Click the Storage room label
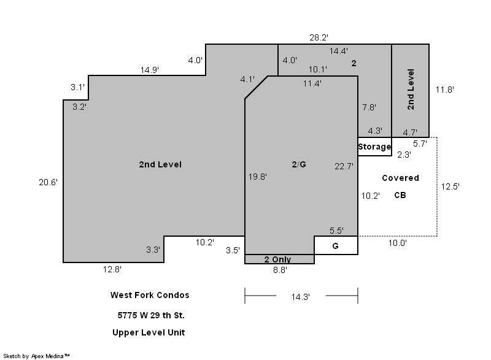click(x=374, y=147)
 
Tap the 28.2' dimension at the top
click(x=319, y=37)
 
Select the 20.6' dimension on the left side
click(x=48, y=182)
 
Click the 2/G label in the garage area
click(x=299, y=164)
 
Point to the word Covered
click(x=401, y=178)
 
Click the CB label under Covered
click(x=400, y=195)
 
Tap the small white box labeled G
click(x=336, y=245)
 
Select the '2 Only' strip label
click(x=277, y=259)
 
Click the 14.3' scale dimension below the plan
click(x=301, y=296)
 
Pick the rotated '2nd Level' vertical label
click(x=411, y=90)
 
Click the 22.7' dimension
click(x=344, y=166)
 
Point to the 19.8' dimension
click(x=258, y=177)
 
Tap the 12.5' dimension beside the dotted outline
click(x=450, y=186)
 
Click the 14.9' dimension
click(x=150, y=70)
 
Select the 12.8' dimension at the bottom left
click(x=112, y=269)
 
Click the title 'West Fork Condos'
click(x=150, y=295)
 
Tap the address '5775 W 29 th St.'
click(x=151, y=315)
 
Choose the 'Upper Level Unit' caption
click(x=149, y=332)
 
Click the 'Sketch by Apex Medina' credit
click(x=36, y=356)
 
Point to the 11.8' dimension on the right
click(x=445, y=90)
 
